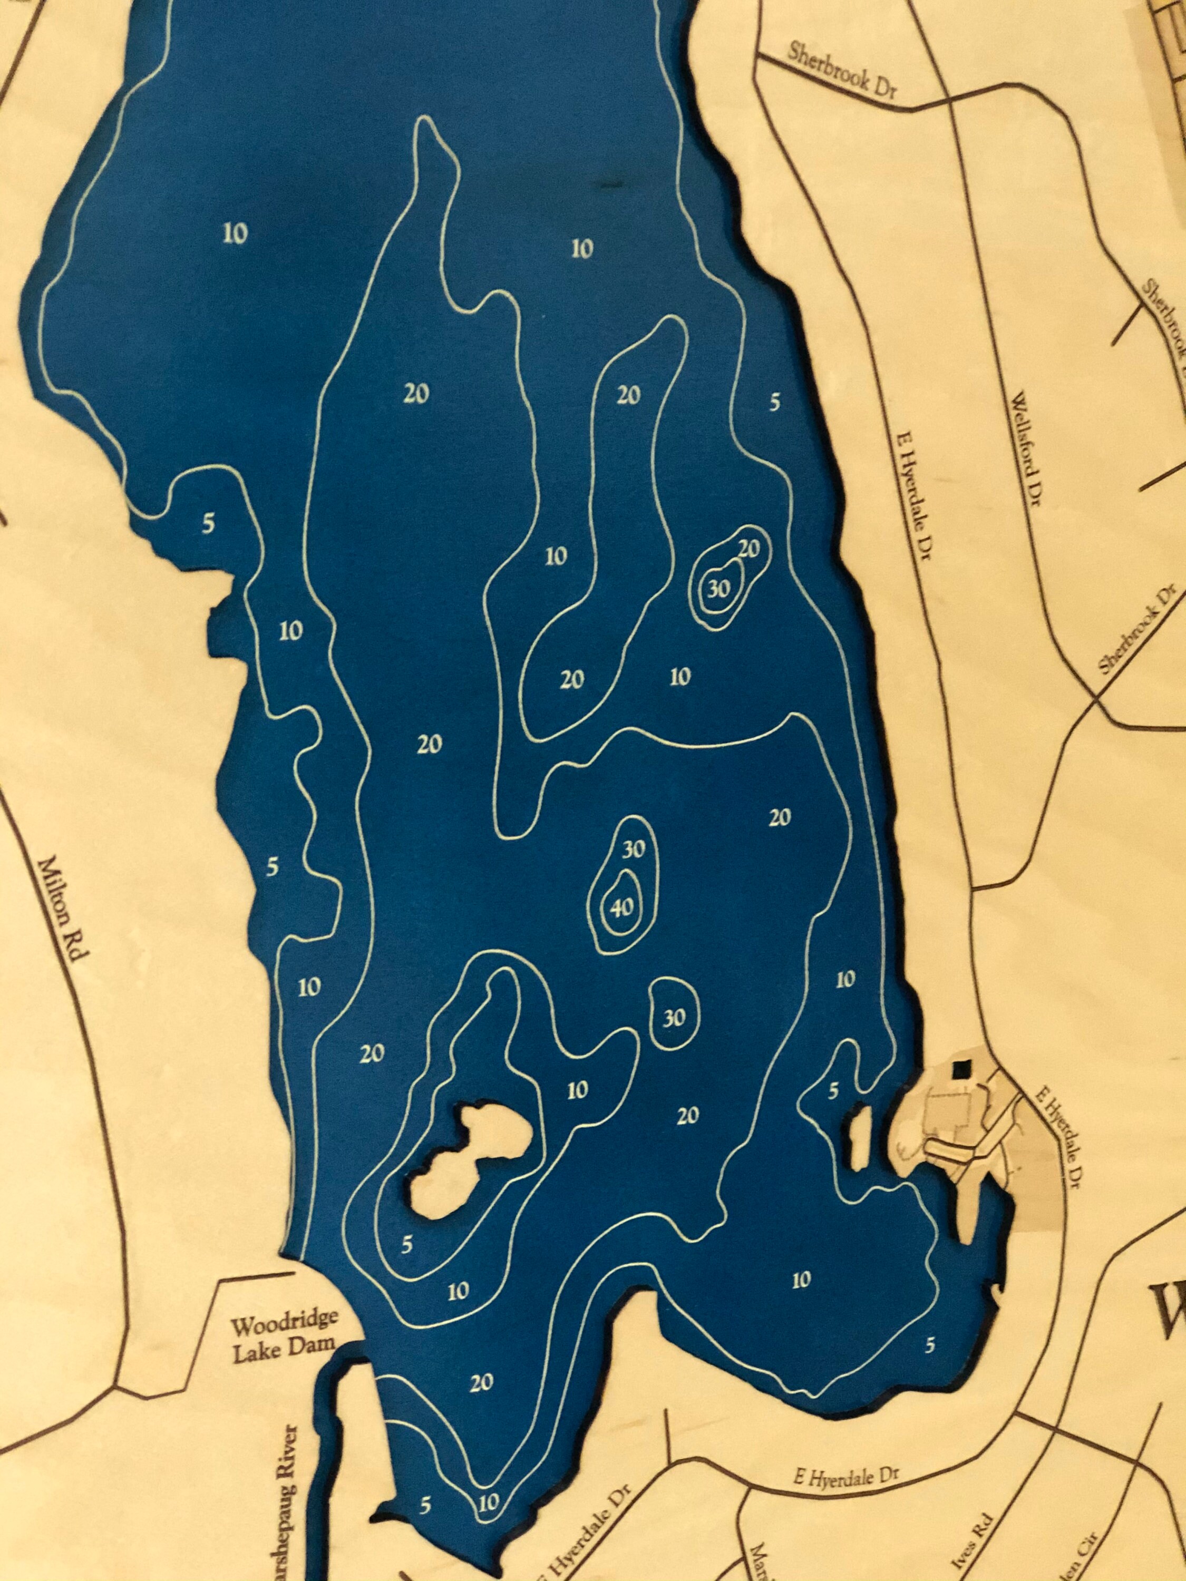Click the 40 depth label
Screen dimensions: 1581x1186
coord(619,907)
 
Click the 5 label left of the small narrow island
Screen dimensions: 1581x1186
coord(832,1091)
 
